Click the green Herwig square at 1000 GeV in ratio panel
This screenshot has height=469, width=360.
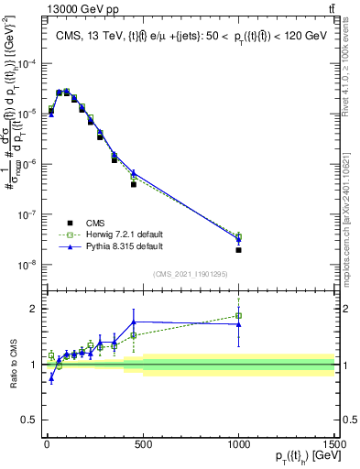[238, 316]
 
